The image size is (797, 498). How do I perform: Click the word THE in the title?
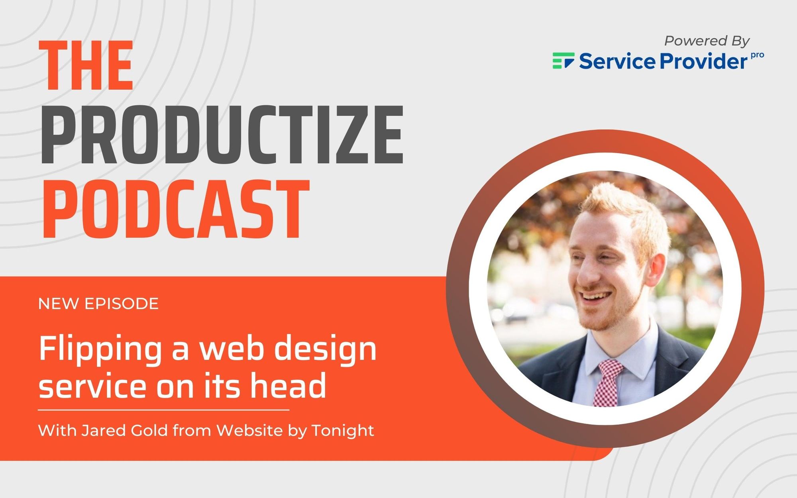86,66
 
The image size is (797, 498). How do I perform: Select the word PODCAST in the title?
176,209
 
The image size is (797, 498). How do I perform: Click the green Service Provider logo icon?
563,61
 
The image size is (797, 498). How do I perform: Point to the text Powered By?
707,41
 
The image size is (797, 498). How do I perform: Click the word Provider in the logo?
703,61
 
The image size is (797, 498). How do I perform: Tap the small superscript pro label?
757,55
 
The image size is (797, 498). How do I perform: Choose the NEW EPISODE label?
98,304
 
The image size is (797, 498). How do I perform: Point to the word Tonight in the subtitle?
343,431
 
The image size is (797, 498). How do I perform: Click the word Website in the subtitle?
249,430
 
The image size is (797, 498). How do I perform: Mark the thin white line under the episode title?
163,410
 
